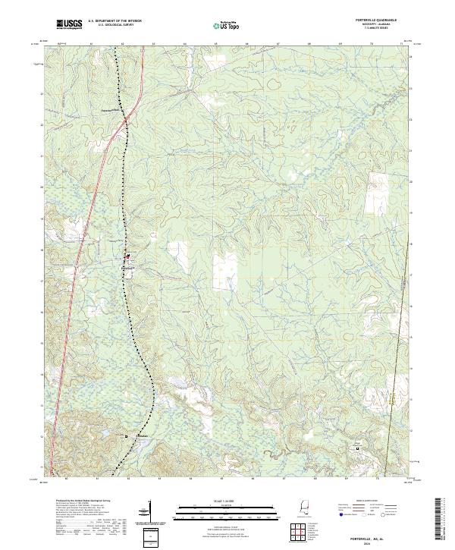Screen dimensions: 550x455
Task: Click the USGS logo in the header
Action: click(x=70, y=24)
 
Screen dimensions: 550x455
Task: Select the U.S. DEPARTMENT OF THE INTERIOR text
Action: click(x=115, y=22)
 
